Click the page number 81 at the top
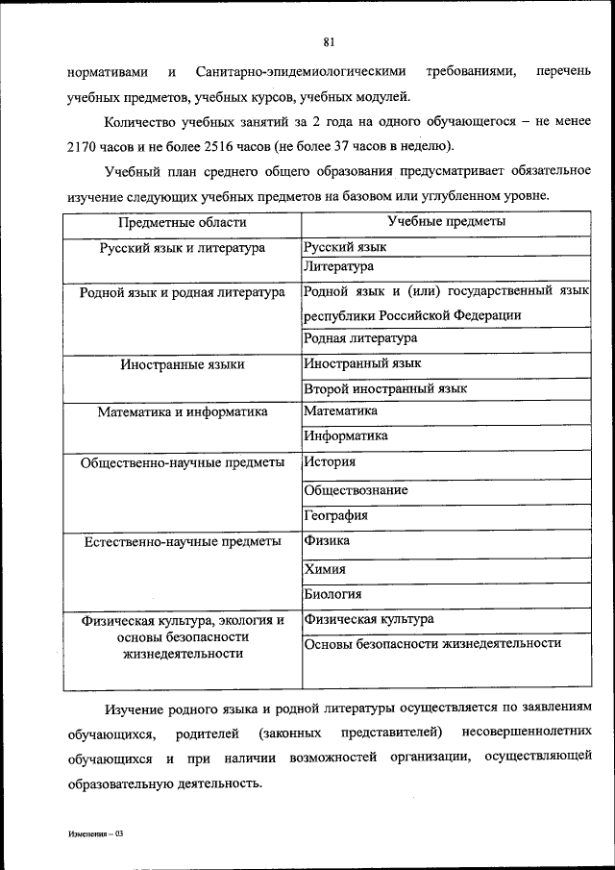coord(329,41)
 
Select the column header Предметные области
coord(183,222)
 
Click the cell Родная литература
coord(360,338)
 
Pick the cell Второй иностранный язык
coord(385,388)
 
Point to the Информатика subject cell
coord(346,435)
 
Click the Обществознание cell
coord(356,489)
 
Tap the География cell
coord(335,515)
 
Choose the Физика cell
coord(327,541)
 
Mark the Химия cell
coord(325,568)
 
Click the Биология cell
coord(332,594)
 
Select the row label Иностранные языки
coord(183,364)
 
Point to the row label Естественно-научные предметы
coord(183,541)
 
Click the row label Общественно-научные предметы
coord(183,462)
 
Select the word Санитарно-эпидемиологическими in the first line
coord(299,72)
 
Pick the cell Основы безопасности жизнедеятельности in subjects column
coord(432,643)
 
